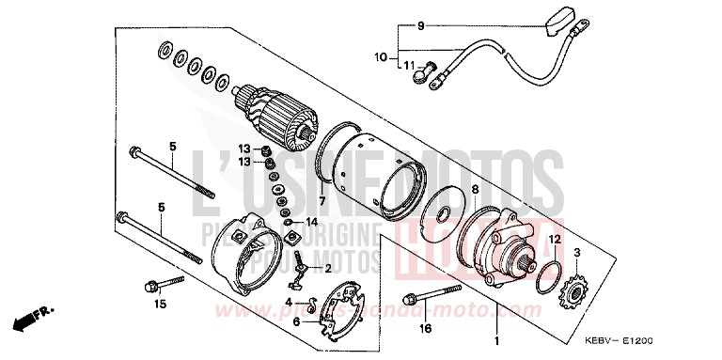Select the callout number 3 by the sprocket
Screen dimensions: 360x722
576,254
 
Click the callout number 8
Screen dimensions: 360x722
475,191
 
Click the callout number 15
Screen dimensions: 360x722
161,304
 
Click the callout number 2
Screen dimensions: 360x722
329,268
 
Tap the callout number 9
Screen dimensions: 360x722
421,24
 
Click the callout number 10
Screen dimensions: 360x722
381,57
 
